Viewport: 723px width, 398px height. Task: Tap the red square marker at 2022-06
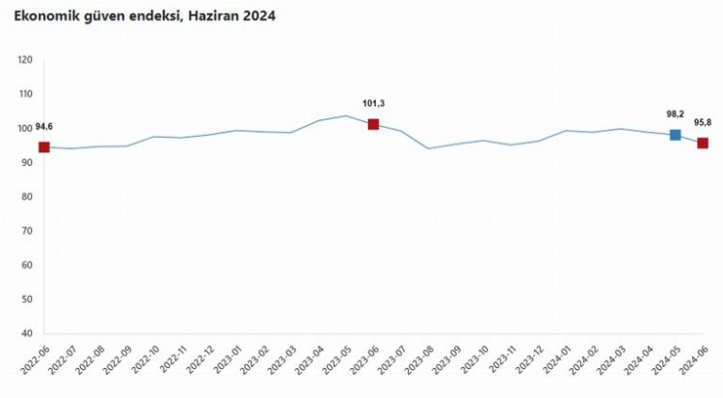point(43,147)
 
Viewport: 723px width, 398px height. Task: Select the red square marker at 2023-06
point(373,124)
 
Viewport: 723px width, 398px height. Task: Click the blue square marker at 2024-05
point(676,135)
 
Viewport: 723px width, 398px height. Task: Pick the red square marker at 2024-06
point(703,143)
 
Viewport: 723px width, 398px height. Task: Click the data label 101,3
point(374,103)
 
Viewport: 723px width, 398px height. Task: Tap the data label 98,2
point(675,114)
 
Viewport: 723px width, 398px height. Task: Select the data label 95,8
point(703,121)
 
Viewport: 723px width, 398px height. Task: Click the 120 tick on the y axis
point(25,61)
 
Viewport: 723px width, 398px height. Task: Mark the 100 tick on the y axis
point(25,129)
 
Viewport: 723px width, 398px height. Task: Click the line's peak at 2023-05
point(345,116)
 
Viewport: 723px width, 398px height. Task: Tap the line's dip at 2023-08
point(428,148)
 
